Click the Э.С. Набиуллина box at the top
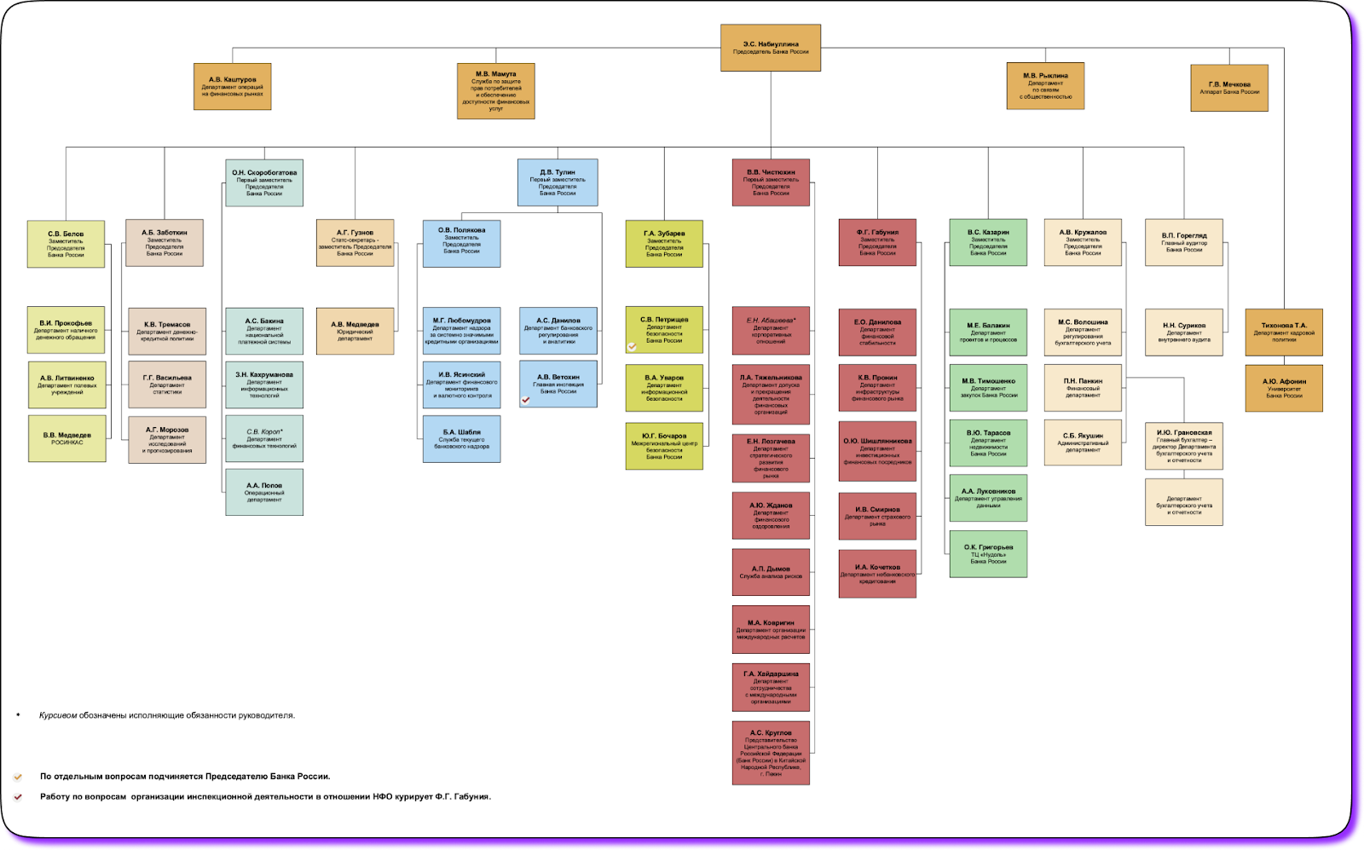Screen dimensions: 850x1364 (770, 48)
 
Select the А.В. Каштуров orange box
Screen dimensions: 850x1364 (233, 86)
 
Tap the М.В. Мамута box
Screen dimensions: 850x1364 (495, 90)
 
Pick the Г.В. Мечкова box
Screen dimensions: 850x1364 (1228, 88)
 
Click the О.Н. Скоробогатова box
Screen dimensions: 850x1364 (264, 182)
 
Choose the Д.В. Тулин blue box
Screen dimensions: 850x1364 (558, 182)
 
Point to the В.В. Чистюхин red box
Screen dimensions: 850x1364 (771, 182)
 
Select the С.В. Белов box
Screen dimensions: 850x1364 (66, 244)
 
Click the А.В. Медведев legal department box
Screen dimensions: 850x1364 (355, 331)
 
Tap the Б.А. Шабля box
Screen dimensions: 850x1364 (461, 439)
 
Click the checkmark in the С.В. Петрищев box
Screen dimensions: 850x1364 (632, 347)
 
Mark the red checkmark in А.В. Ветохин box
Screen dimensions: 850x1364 (526, 400)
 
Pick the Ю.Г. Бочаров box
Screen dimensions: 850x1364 (664, 446)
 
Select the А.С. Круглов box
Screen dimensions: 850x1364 (771, 753)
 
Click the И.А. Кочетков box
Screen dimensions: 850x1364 (877, 574)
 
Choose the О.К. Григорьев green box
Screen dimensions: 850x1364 (988, 554)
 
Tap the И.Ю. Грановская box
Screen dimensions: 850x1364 (1183, 446)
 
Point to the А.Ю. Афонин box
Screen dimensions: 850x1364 (1284, 389)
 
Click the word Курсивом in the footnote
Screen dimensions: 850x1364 (58, 715)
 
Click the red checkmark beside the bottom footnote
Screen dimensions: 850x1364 (18, 797)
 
